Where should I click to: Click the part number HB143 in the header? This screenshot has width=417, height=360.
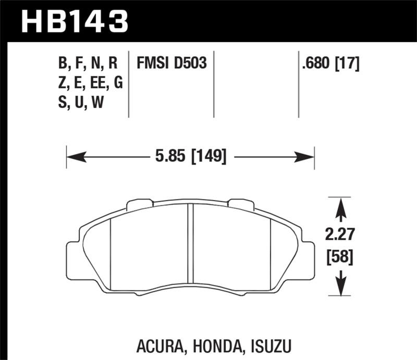coord(73,22)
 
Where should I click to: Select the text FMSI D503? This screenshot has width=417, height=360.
coord(172,64)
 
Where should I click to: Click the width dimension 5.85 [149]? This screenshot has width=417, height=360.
coord(189,155)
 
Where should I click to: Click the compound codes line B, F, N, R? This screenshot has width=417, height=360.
coord(88,64)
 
